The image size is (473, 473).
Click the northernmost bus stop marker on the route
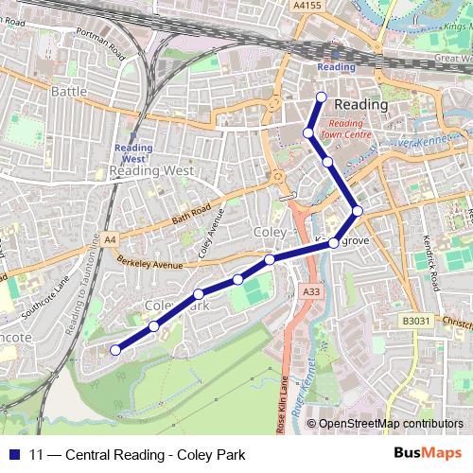click(321, 97)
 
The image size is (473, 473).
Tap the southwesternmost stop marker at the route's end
click(115, 350)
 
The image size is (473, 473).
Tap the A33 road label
click(310, 293)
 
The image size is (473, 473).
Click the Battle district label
click(68, 92)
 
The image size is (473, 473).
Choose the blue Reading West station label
click(132, 153)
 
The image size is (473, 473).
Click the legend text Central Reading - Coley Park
click(137, 455)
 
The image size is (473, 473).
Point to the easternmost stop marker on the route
click(358, 211)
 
